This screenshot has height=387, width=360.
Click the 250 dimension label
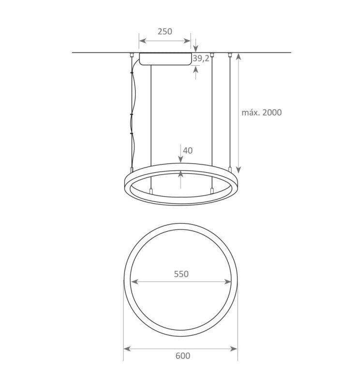[x=165, y=31]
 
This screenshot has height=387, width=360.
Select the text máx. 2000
[x=261, y=112]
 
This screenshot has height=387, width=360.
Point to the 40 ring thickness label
[x=188, y=150]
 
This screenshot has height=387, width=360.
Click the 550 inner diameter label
[x=180, y=273]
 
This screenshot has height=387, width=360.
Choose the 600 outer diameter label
[x=182, y=356]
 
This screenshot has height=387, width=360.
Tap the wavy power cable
[x=132, y=111]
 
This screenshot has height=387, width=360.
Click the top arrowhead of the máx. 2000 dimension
[x=238, y=56]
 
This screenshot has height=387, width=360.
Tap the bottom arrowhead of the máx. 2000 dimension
[x=238, y=170]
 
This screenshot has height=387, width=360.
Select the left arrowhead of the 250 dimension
[x=142, y=41]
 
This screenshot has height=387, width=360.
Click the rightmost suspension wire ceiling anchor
[x=229, y=54]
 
